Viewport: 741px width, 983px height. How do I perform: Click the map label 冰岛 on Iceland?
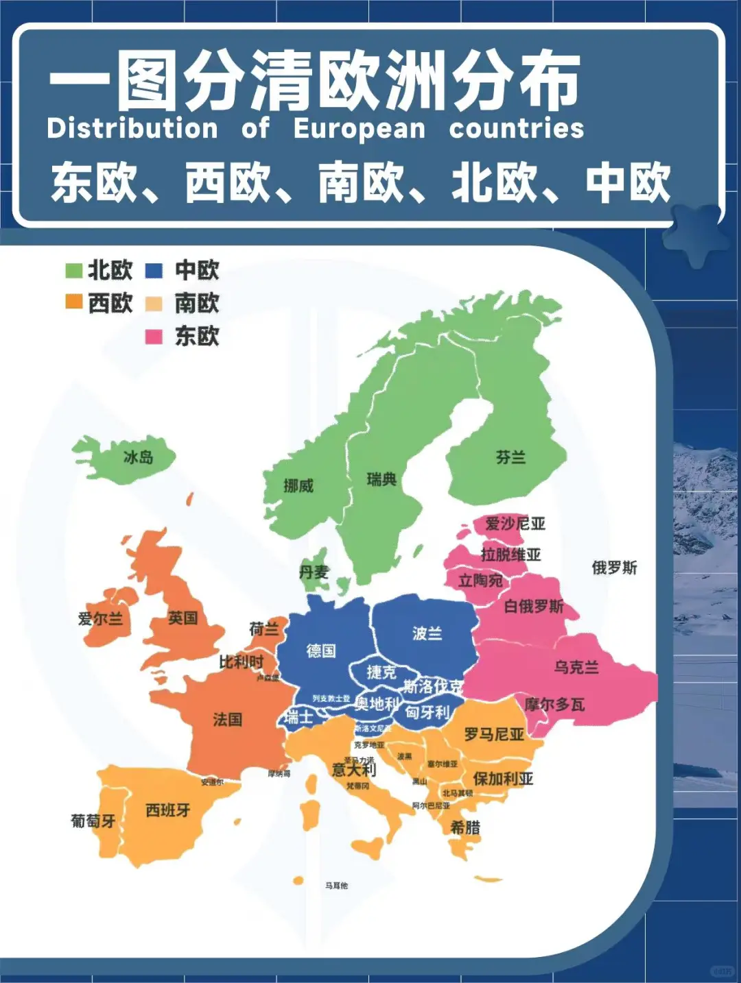click(138, 457)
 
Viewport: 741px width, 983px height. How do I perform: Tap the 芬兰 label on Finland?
click(511, 457)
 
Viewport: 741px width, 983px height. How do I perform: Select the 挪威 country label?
click(298, 486)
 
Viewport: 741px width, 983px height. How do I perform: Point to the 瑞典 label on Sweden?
click(381, 480)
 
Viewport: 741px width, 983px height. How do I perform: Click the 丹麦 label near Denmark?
click(314, 572)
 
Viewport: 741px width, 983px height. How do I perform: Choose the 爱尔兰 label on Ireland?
click(100, 619)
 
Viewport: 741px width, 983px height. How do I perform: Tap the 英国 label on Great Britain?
click(183, 618)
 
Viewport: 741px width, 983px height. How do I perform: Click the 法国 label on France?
click(227, 719)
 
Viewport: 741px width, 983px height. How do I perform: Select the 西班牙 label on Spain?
click(168, 810)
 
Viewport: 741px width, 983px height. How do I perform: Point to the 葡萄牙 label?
click(93, 821)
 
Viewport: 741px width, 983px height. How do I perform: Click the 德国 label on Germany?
click(321, 651)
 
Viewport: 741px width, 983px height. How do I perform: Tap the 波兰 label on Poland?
click(427, 633)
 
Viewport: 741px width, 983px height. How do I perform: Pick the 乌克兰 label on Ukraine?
click(576, 667)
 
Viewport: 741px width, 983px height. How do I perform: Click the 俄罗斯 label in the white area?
click(614, 568)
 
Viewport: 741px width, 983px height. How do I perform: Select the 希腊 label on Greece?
click(465, 827)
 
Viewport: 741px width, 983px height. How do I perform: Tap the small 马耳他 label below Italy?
click(336, 886)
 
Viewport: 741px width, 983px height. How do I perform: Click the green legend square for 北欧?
click(73, 270)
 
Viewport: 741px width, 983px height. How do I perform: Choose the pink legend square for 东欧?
click(154, 337)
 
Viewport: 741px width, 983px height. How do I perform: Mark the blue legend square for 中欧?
click(154, 270)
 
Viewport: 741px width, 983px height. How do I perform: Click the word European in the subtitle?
click(360, 128)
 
